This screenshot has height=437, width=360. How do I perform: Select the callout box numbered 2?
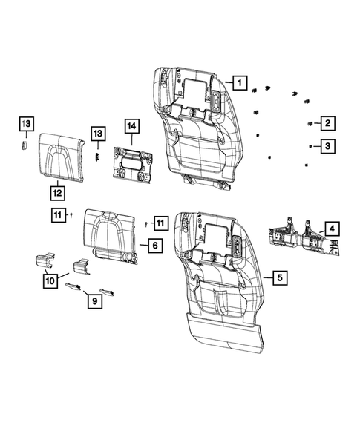click(327, 123)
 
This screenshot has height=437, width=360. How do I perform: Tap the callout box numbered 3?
click(327, 147)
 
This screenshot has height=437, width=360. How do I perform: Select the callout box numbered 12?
click(56, 192)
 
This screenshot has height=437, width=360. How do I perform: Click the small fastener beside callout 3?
click(308, 148)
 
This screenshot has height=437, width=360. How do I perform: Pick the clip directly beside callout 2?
click(308, 122)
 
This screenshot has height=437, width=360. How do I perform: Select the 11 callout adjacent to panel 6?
click(161, 222)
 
